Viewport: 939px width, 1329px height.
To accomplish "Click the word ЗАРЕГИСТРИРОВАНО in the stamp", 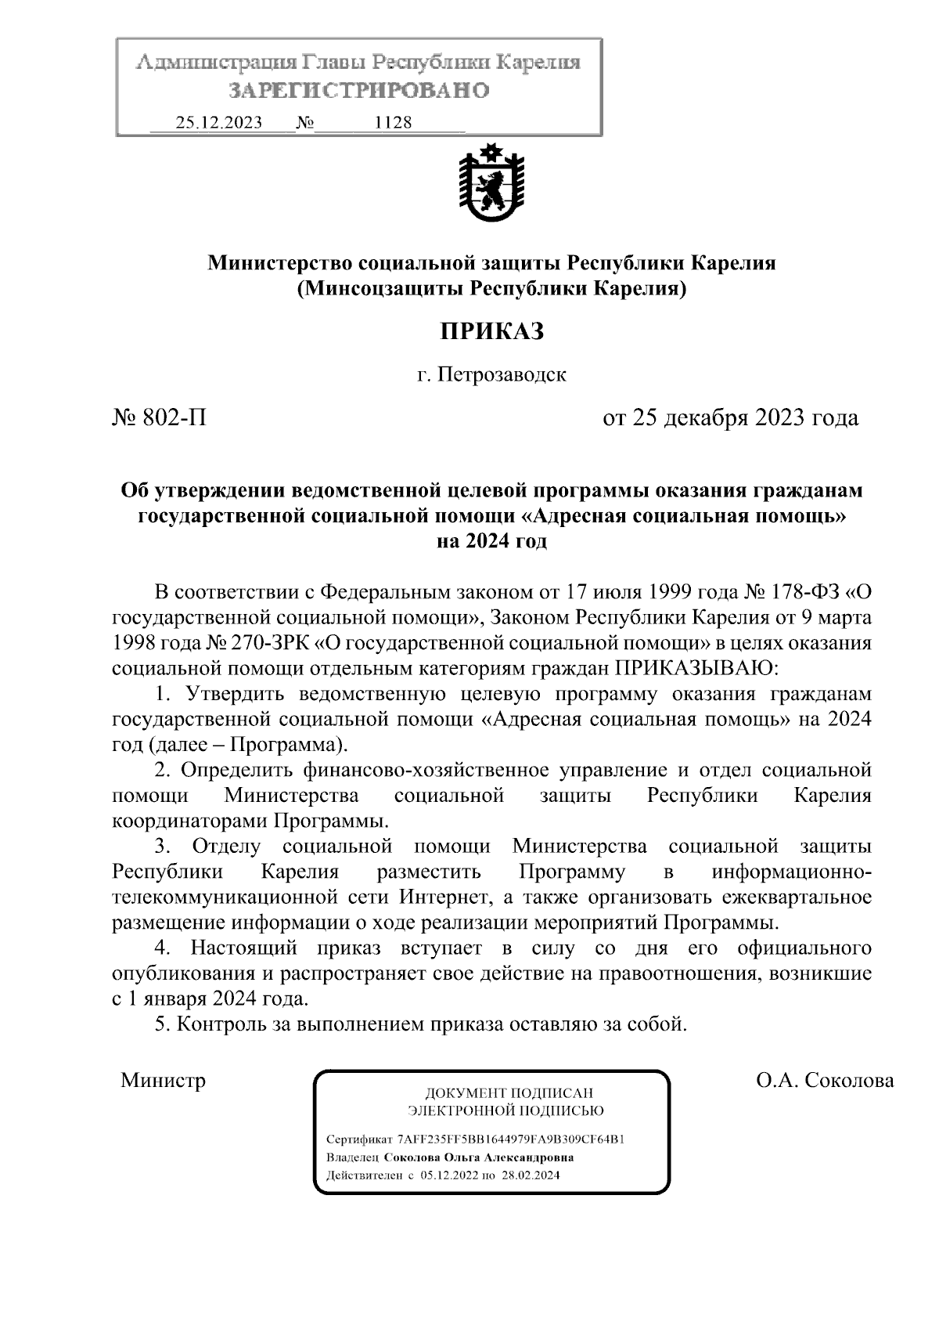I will [x=358, y=91].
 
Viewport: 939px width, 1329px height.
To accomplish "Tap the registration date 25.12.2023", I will [x=219, y=123].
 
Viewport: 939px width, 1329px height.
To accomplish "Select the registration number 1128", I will [x=394, y=123].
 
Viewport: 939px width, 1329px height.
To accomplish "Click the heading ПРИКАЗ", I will [x=491, y=331].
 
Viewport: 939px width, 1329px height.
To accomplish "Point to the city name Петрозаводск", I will [x=501, y=374].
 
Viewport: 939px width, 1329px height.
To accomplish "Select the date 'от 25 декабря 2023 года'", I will [x=730, y=417].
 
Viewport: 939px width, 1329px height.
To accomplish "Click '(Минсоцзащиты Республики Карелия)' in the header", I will [x=491, y=289].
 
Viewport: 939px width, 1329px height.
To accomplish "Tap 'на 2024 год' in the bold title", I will [x=491, y=541].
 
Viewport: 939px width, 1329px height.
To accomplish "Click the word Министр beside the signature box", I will [x=163, y=1081].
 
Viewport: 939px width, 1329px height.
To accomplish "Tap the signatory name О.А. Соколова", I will [x=825, y=1081].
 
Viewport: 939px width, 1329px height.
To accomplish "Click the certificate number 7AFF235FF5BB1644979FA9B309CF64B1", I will [x=510, y=1139].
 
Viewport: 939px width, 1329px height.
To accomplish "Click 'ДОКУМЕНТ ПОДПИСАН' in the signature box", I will [x=509, y=1092].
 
